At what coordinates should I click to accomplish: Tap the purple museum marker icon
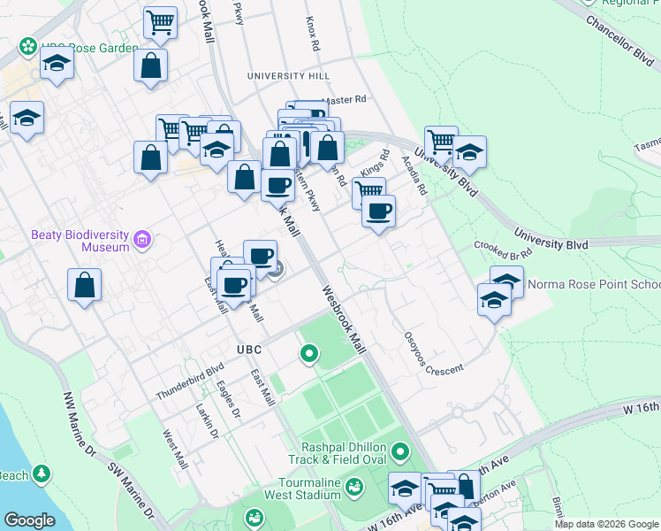tap(142, 240)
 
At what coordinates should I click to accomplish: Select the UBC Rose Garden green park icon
tap(28, 45)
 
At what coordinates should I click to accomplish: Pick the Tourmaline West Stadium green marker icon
tap(354, 486)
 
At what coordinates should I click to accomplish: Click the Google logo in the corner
tap(29, 520)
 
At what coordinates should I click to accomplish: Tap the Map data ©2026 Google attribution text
tap(606, 524)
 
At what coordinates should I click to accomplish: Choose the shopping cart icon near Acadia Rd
tap(440, 141)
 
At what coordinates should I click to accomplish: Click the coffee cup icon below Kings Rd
tap(378, 212)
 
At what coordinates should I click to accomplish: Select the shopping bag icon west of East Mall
tap(84, 285)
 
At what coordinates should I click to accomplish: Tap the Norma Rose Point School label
tap(593, 285)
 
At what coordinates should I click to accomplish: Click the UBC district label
tap(249, 350)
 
